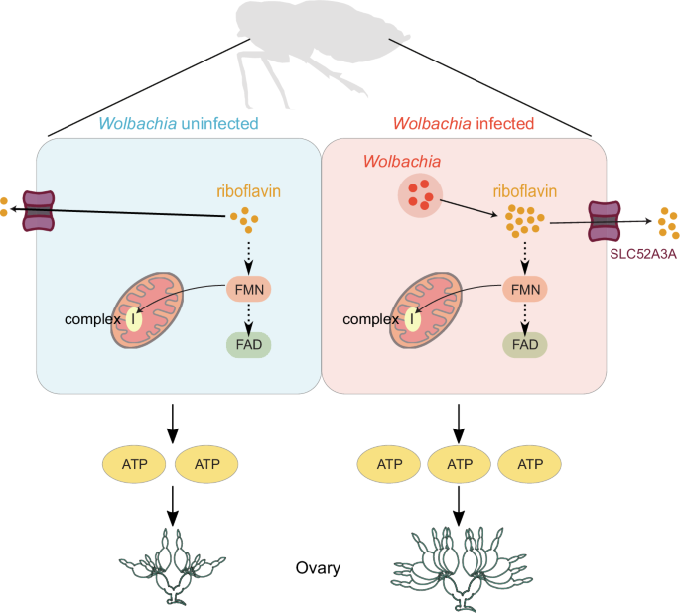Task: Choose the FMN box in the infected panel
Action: [x=527, y=289]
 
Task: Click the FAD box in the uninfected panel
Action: [x=247, y=344]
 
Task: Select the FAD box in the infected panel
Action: [x=527, y=345]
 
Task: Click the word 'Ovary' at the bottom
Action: [x=319, y=568]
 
